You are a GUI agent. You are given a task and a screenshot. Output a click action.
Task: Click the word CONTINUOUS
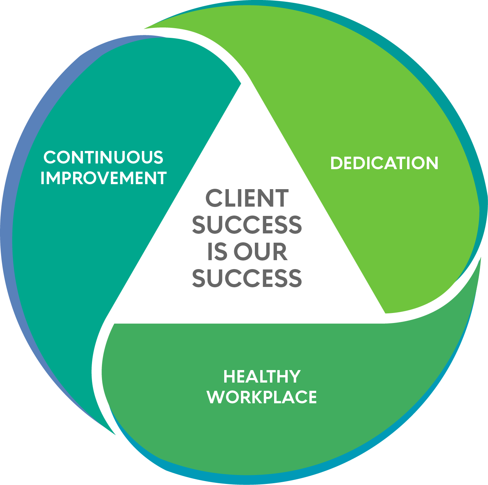click(x=103, y=157)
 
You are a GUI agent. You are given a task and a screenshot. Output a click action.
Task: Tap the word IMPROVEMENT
click(x=103, y=178)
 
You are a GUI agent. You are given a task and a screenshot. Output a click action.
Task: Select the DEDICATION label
click(x=384, y=163)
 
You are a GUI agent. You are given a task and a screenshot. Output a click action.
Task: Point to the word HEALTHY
click(x=262, y=377)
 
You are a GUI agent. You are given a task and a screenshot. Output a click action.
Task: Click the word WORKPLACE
click(x=262, y=397)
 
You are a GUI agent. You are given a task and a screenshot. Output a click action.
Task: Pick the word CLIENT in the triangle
click(x=247, y=198)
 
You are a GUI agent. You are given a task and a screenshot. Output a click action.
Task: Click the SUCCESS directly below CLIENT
click(x=247, y=225)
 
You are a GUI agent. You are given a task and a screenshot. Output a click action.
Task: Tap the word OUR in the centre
click(x=260, y=252)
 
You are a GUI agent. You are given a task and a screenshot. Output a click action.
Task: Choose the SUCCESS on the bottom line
click(x=247, y=278)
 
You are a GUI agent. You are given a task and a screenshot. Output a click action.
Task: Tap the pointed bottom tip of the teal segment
click(x=115, y=434)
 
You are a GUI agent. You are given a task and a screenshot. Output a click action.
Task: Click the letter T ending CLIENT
click(x=282, y=198)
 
